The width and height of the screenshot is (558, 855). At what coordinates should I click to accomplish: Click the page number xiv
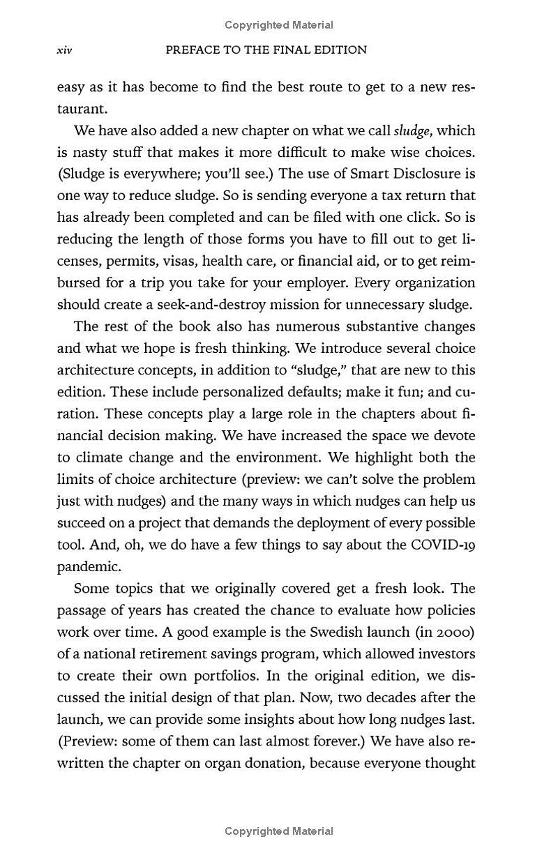click(x=64, y=50)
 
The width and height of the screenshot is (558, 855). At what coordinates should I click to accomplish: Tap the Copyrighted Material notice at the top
click(x=279, y=25)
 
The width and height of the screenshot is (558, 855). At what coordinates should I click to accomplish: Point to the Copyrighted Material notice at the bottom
click(x=279, y=831)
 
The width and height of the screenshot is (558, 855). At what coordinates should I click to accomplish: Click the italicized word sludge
click(x=412, y=131)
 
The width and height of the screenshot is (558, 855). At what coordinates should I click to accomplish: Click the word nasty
click(x=89, y=153)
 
